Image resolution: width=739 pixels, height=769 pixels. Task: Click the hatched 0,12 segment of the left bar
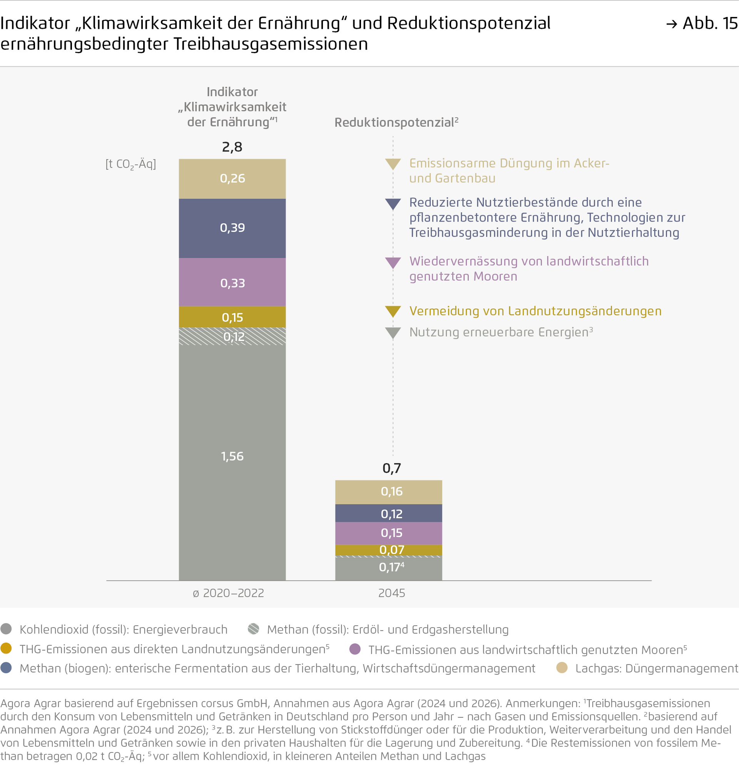click(232, 337)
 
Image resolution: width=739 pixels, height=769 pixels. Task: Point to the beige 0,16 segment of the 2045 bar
click(388, 492)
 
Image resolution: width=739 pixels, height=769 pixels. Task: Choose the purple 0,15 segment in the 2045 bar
click(388, 533)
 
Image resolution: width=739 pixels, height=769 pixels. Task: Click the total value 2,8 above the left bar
click(232, 147)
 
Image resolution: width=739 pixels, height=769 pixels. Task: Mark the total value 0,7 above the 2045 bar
click(392, 468)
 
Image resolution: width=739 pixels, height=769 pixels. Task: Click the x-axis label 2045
click(392, 593)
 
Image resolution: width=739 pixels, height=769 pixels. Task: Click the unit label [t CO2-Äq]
click(130, 164)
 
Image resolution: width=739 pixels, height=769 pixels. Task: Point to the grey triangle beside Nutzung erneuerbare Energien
click(393, 333)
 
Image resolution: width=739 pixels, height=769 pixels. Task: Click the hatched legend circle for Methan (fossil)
click(254, 629)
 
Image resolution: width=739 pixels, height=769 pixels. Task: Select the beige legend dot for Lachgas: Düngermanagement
click(562, 667)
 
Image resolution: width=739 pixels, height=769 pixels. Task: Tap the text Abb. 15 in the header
click(710, 24)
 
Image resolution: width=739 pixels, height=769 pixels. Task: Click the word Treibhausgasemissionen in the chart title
click(271, 44)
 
